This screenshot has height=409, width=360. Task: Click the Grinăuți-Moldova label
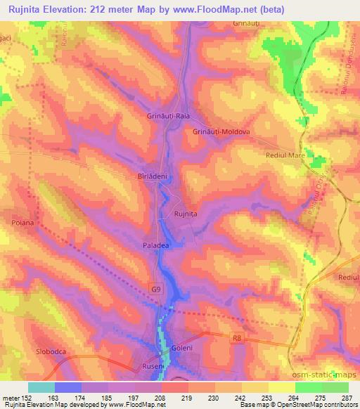(221, 131)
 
